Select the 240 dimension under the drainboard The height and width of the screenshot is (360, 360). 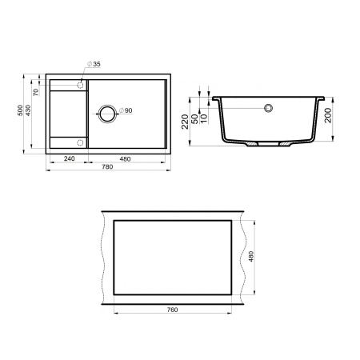pyautogui.click(x=69, y=159)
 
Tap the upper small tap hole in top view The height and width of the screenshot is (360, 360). pyautogui.click(x=81, y=83)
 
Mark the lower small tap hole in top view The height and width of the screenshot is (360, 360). pyautogui.click(x=81, y=142)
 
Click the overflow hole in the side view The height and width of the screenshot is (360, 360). pyautogui.click(x=270, y=106)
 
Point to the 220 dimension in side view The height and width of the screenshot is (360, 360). pyautogui.click(x=186, y=122)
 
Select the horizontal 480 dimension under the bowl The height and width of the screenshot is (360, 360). pyautogui.click(x=125, y=159)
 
